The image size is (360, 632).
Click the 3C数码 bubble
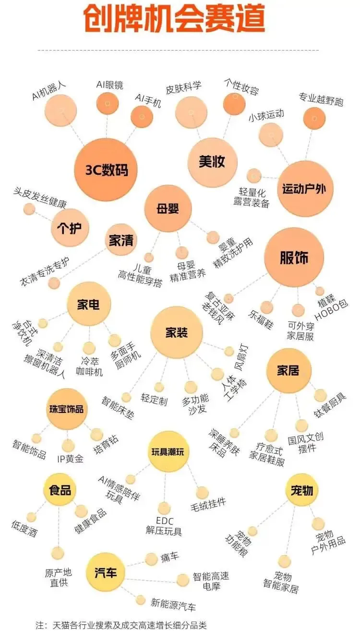coord(107,170)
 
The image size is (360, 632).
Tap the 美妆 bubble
coord(212,162)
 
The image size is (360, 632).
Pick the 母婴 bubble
coord(168,209)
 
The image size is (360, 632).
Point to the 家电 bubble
coord(89,304)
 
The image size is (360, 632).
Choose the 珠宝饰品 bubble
coord(66,409)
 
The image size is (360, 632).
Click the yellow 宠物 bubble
coord(301,490)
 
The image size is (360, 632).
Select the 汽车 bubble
coord(106,572)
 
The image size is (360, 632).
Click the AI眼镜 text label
coord(109,85)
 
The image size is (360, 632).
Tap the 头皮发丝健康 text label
coord(40,198)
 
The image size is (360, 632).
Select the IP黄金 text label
coord(70,459)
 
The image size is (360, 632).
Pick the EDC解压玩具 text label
coord(164,526)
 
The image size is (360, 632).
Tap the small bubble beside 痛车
coord(152,559)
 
